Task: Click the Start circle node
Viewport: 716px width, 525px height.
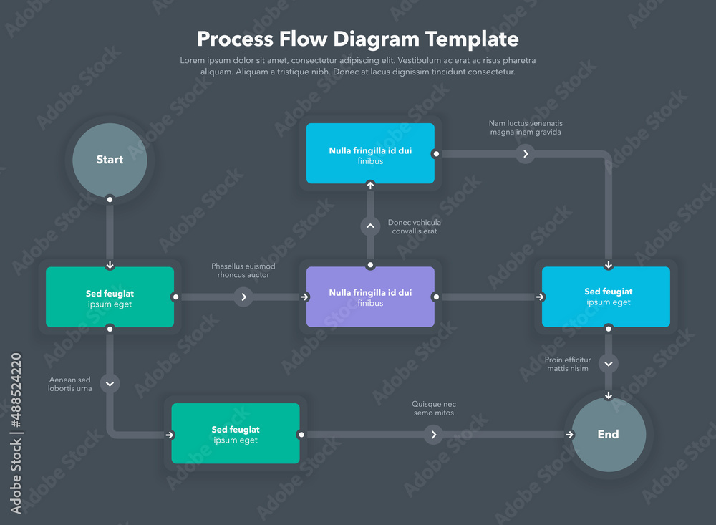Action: click(110, 160)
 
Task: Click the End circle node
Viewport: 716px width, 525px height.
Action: click(608, 435)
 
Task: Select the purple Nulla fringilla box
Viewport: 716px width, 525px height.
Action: click(370, 297)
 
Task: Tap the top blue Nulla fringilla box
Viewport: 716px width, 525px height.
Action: click(370, 153)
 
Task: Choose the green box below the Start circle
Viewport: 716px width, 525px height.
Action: click(110, 297)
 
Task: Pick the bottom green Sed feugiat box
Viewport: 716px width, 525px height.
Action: click(236, 434)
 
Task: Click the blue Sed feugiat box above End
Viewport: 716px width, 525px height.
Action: click(606, 297)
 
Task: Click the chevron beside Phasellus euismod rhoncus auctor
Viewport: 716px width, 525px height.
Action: click(244, 297)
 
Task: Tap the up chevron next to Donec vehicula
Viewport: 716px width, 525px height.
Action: click(370, 226)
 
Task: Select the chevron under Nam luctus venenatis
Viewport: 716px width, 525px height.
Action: click(526, 153)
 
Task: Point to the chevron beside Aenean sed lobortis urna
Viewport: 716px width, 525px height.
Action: click(110, 384)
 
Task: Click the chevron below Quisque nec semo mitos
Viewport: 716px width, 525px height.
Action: click(433, 435)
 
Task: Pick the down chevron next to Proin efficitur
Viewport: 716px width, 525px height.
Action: click(608, 364)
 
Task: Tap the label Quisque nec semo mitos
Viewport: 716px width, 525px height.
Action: click(433, 408)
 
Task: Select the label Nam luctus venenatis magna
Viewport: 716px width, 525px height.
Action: click(526, 127)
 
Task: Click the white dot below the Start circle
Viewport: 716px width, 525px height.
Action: click(110, 199)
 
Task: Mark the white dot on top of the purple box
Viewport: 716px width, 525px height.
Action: click(370, 265)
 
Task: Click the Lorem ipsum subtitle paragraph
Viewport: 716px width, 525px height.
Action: click(358, 66)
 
